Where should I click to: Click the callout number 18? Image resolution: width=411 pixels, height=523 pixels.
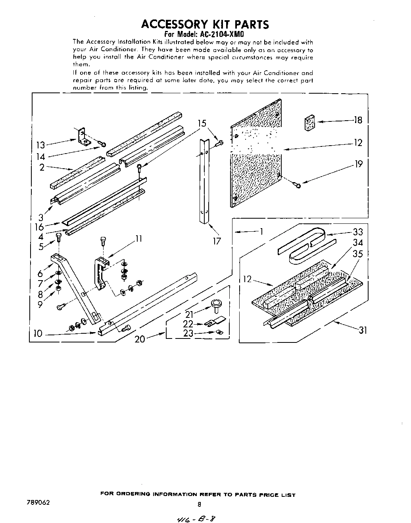click(x=358, y=120)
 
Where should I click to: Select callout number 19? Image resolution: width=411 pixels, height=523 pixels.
click(x=358, y=164)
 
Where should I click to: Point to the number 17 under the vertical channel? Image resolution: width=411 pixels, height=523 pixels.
click(x=217, y=241)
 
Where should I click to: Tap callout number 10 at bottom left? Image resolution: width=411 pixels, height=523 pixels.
click(x=38, y=334)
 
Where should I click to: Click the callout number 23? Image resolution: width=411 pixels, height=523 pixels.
click(x=188, y=334)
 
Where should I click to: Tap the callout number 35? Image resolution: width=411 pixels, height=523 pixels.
click(x=358, y=254)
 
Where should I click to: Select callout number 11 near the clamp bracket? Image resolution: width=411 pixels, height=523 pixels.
click(x=138, y=239)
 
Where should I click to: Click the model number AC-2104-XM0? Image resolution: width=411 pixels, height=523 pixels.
click(x=217, y=35)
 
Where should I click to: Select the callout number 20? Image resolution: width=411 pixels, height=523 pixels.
click(x=140, y=339)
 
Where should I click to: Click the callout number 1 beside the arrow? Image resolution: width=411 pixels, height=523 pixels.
click(x=261, y=231)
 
